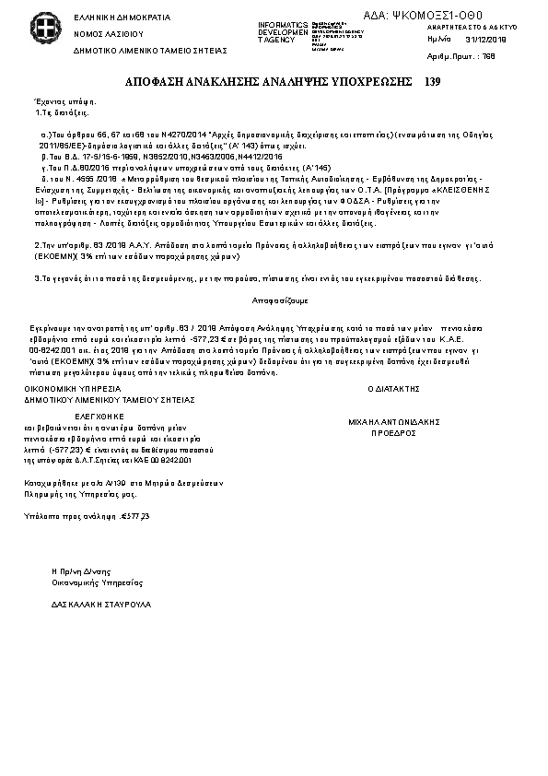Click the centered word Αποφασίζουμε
coord(274,300)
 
